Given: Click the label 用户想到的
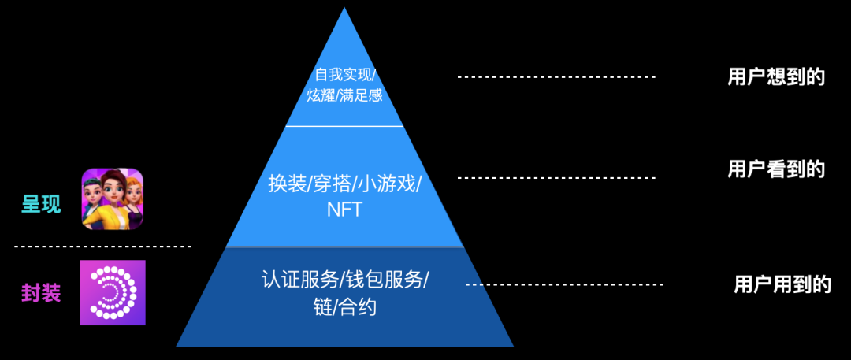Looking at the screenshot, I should tap(775, 77).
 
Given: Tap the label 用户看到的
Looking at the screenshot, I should tap(775, 169).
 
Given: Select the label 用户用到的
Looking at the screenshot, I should tap(782, 284).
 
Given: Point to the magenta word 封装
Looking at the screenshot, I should tap(41, 292).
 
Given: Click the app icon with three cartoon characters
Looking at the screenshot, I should tap(113, 199).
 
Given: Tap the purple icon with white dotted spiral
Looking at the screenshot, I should tap(113, 292).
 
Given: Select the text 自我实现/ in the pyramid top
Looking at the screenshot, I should tap(345, 76).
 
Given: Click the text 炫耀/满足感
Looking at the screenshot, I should tap(345, 96).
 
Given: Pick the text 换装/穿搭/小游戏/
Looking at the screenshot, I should tap(344, 184).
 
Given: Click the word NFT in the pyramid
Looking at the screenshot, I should tap(344, 210).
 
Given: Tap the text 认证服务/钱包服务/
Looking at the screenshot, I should tap(345, 280).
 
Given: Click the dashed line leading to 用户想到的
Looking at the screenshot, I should tap(556, 76).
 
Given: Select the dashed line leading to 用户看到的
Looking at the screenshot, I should tap(556, 178).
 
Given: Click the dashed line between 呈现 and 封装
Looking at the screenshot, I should tap(102, 247).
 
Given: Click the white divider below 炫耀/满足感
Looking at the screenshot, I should tap(344, 126).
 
